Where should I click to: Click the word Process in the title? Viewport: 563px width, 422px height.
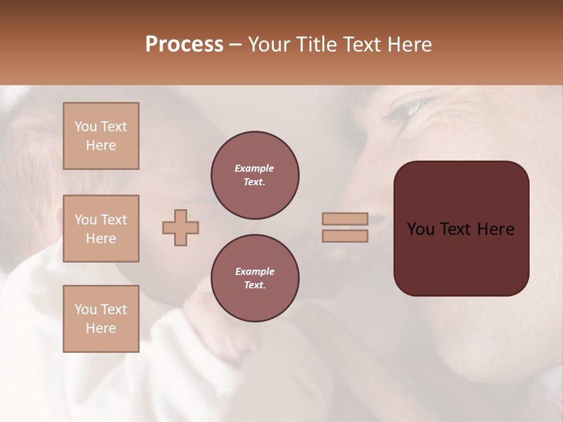(184, 45)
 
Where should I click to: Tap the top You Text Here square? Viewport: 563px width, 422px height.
(101, 136)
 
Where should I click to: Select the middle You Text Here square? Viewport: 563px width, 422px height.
(101, 229)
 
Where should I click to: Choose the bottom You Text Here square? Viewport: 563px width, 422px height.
(101, 319)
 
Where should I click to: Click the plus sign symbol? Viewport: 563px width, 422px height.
(181, 227)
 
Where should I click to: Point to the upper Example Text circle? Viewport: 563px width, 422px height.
(255, 175)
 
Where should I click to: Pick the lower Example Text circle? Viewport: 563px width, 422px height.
(255, 278)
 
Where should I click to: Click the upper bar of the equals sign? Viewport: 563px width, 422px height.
(345, 219)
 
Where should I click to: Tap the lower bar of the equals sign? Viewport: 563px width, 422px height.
(345, 236)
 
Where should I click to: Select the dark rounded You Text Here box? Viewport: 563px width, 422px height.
(461, 229)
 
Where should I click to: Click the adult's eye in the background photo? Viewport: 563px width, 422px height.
(411, 108)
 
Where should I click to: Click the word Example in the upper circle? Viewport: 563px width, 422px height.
(255, 168)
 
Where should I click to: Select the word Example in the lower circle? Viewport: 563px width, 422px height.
(255, 271)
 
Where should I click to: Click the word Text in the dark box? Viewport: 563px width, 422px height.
(461, 229)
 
